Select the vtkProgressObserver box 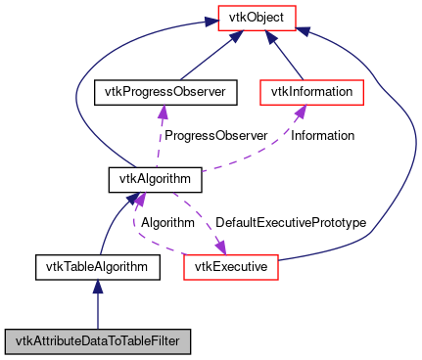[159, 92]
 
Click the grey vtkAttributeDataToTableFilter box [97, 341]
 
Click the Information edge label [322, 135]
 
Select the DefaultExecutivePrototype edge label [290, 223]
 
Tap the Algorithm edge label [167, 223]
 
